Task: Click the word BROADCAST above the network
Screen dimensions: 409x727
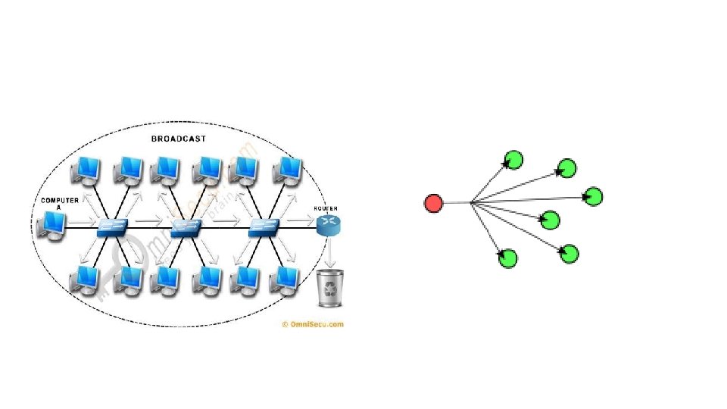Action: click(x=179, y=139)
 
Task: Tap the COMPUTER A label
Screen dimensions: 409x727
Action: click(x=59, y=203)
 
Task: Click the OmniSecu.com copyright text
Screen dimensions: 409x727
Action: click(x=312, y=324)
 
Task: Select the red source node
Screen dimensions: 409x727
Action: click(x=433, y=203)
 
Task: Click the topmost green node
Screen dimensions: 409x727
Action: click(x=513, y=160)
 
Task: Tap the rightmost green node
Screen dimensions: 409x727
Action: click(x=594, y=196)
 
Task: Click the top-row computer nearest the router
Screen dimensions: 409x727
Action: click(x=288, y=170)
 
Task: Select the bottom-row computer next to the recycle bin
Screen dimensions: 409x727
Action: click(x=286, y=279)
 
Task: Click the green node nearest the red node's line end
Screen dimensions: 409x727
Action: click(x=551, y=220)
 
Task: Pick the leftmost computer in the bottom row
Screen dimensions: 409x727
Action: click(x=85, y=279)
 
